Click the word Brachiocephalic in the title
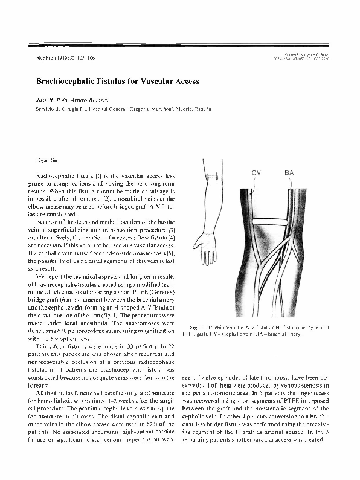[59, 80]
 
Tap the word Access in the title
[182, 80]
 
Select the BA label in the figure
[289, 173]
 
